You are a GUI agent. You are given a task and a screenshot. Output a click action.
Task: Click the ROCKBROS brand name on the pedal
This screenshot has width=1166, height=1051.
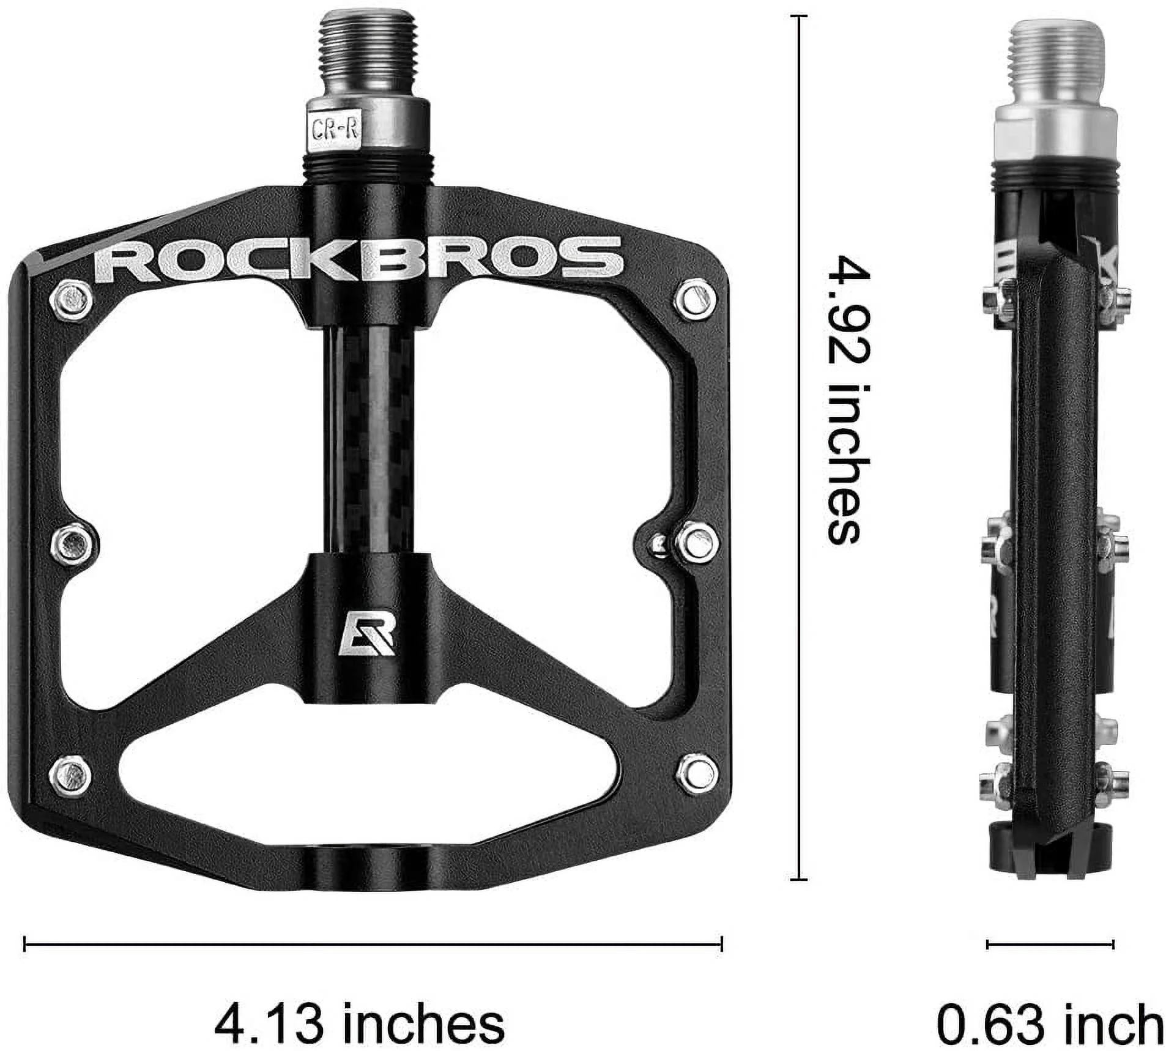pos(358,258)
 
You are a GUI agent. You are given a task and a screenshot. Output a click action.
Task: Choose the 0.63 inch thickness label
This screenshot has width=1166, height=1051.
pos(1050,1022)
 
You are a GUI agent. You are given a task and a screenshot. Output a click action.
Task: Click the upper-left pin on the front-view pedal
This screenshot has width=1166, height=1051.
pos(71,300)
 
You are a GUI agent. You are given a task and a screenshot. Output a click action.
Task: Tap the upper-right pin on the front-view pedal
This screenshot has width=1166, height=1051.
pos(696,299)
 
